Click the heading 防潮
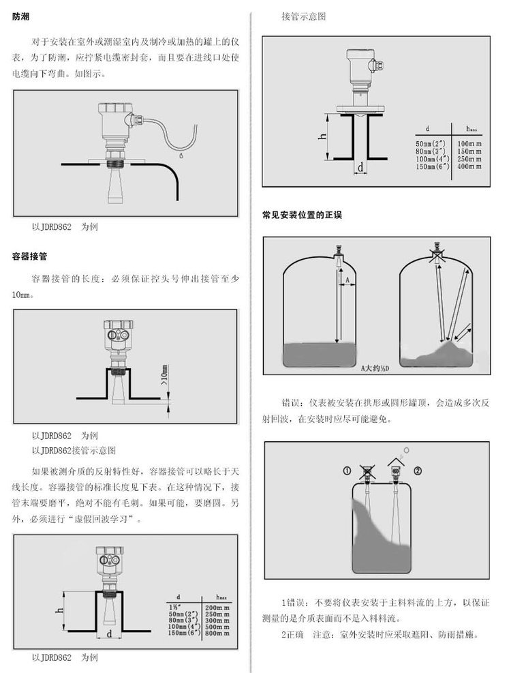point(20,17)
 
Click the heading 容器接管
point(29,256)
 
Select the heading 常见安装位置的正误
point(302,215)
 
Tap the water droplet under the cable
point(181,155)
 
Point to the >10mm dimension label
point(164,375)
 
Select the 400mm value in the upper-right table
point(469,166)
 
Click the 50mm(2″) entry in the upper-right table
point(431,144)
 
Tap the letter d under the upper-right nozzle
point(360,166)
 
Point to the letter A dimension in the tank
point(347,280)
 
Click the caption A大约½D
point(375,368)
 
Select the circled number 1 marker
point(347,471)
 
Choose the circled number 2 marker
point(418,471)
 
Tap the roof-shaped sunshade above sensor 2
point(397,462)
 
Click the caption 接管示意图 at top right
point(304,17)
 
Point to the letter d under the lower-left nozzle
point(109,634)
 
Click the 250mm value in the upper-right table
point(469,159)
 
